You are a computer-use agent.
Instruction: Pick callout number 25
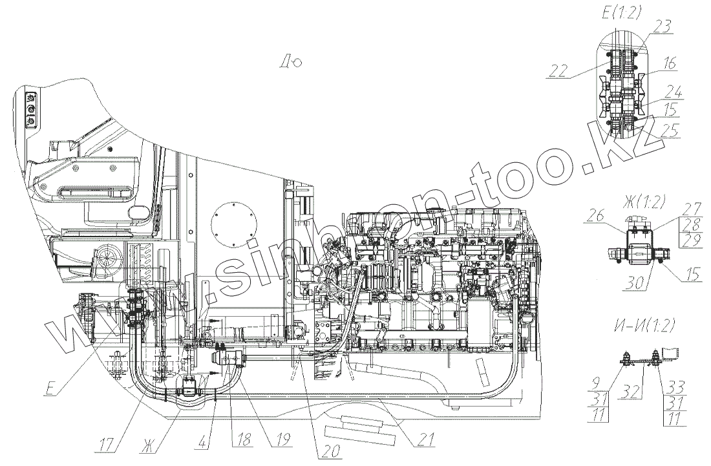pyautogui.click(x=668, y=131)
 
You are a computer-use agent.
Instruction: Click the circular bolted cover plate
pyautogui.click(x=232, y=226)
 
